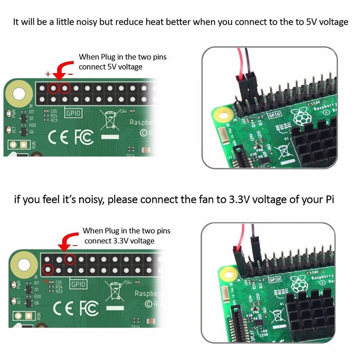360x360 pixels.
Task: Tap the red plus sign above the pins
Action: coord(48,73)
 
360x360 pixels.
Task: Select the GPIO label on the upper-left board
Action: coord(73,113)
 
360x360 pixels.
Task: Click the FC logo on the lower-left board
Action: coord(89,308)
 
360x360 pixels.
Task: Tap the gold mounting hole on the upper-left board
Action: coord(19,94)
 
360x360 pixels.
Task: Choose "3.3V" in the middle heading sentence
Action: coord(234,199)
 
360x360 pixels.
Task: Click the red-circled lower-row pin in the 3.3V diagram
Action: coord(48,270)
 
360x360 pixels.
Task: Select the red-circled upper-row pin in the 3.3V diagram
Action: coord(70,259)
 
